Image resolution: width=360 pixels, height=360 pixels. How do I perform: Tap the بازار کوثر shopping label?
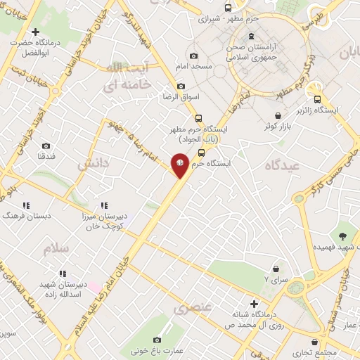click(278, 126)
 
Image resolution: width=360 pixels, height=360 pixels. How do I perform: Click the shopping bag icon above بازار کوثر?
click(278, 115)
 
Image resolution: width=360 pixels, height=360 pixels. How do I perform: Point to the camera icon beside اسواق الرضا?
click(181, 86)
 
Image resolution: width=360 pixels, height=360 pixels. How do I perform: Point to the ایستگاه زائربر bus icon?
click(318, 100)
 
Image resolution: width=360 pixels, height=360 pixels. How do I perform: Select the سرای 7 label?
click(276, 279)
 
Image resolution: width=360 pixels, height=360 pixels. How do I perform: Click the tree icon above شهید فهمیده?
click(342, 236)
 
